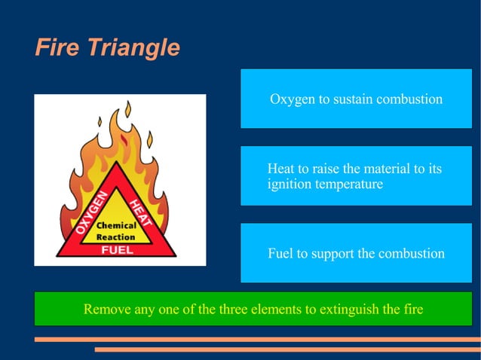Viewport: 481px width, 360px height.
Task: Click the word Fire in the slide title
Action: tap(57, 47)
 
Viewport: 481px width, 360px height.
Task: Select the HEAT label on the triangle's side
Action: tap(140, 213)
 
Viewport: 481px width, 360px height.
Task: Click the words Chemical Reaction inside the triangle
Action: tap(116, 231)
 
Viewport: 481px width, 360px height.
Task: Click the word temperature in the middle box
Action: tap(349, 184)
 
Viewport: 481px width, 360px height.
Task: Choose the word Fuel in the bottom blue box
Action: tap(280, 253)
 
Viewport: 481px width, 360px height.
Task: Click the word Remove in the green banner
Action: tap(107, 309)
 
